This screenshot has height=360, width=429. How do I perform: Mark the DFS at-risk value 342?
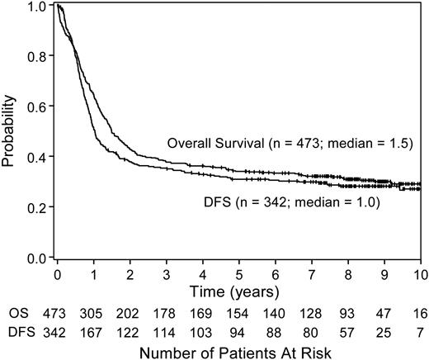click(x=59, y=331)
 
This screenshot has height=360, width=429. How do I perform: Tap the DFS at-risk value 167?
click(x=94, y=331)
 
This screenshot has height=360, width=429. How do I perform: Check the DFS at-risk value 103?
click(x=202, y=331)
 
